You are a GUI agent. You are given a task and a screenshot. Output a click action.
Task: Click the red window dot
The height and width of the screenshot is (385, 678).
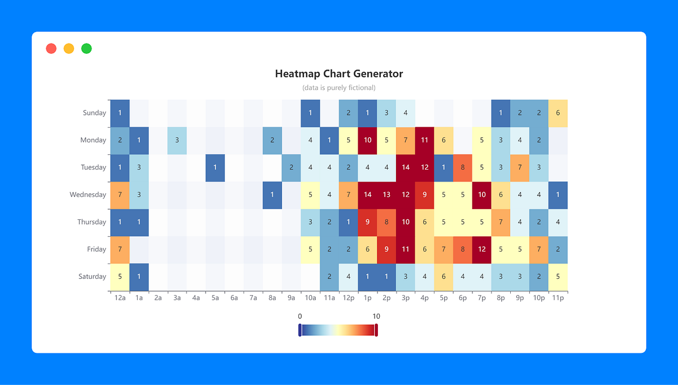(x=51, y=49)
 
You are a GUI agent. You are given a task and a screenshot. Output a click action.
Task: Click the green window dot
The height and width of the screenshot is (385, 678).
(x=86, y=49)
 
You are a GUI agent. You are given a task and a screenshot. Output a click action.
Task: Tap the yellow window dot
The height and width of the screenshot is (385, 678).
(x=69, y=49)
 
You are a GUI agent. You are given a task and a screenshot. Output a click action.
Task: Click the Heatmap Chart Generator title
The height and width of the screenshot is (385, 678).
(x=339, y=73)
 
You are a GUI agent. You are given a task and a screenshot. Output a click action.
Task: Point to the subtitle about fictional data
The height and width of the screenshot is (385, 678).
(x=339, y=88)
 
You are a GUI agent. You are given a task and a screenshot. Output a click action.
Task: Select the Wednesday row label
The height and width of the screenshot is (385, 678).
(x=88, y=194)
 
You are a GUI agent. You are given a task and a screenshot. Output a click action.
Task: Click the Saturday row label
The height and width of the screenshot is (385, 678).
(x=92, y=276)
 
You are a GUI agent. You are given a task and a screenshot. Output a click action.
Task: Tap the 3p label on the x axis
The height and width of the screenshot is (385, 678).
(x=406, y=297)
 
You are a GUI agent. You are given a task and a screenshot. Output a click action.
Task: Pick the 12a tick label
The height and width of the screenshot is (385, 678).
(x=120, y=297)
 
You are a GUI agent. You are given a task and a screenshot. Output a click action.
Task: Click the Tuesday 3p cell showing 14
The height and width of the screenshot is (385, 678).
(x=406, y=167)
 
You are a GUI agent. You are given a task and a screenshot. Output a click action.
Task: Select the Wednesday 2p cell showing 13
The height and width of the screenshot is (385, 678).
(x=386, y=194)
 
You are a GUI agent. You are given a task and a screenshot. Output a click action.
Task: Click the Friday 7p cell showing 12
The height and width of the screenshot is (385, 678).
(x=482, y=249)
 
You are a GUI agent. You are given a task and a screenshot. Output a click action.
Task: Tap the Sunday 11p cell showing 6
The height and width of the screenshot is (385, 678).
(x=558, y=113)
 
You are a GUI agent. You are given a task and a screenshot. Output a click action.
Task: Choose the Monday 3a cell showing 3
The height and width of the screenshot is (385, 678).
(x=177, y=140)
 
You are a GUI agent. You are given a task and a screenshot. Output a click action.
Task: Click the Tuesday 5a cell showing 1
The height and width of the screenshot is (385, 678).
(x=215, y=167)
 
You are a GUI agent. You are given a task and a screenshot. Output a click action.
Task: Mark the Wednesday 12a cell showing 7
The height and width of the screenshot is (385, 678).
(x=120, y=194)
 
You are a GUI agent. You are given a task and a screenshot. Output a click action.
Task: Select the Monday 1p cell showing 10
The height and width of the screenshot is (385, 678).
(x=367, y=140)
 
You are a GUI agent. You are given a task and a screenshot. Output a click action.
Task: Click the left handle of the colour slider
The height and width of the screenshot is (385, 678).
(x=300, y=330)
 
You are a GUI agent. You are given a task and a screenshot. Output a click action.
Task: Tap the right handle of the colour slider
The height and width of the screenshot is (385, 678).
(x=376, y=330)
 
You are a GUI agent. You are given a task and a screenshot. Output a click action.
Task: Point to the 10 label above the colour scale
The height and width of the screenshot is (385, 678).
(x=376, y=316)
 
